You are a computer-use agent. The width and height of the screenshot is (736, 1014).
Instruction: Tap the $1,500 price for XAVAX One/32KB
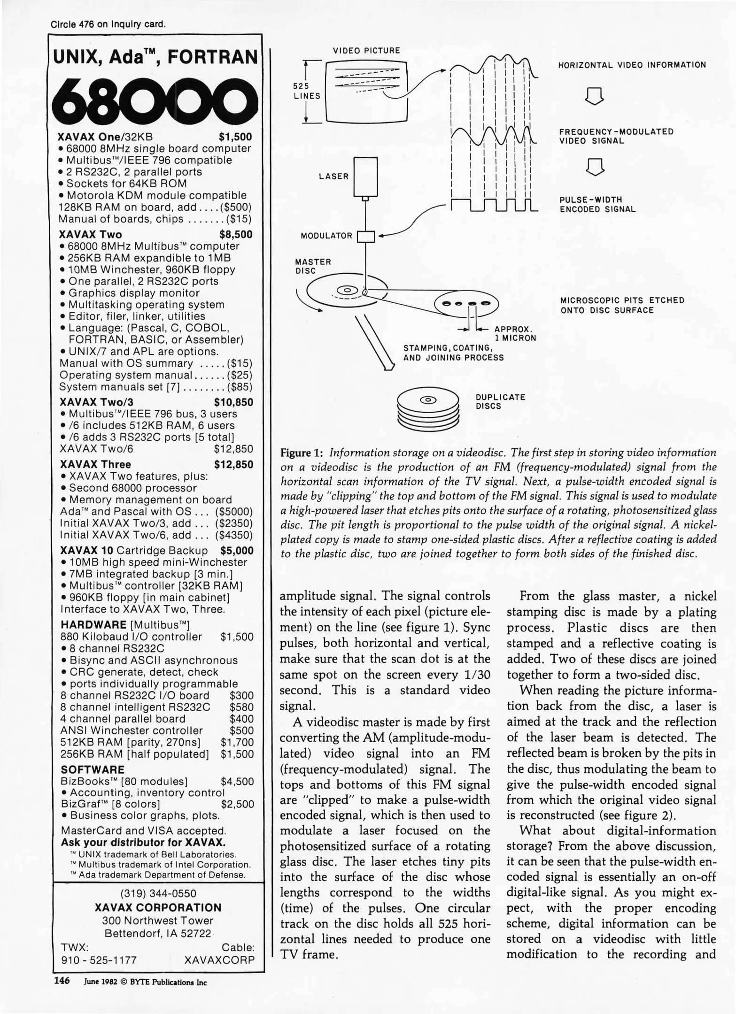tap(235, 137)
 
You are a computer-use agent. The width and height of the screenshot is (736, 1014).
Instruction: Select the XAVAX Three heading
tap(95, 465)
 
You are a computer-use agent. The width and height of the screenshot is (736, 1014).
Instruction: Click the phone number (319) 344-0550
tap(158, 893)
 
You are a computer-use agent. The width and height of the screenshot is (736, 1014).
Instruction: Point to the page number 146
tap(62, 981)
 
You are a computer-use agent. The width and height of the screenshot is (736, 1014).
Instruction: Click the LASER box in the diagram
tap(365, 176)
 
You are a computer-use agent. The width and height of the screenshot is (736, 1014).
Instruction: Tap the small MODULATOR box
tap(366, 236)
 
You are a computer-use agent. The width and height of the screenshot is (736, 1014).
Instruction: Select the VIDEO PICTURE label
tap(366, 51)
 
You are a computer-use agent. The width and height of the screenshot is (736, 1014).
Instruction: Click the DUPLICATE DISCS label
tap(500, 401)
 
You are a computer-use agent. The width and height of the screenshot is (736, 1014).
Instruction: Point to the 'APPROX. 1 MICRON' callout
tap(515, 333)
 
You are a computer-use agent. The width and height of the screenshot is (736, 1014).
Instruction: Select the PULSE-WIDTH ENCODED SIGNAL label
tap(597, 204)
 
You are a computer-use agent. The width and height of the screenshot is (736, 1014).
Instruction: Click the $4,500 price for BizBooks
tap(237, 782)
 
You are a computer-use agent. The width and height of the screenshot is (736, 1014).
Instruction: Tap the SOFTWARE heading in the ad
tap(93, 770)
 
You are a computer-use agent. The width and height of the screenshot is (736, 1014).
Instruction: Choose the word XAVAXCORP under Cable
tap(219, 960)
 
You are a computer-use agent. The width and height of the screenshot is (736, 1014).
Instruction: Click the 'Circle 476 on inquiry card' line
tap(108, 24)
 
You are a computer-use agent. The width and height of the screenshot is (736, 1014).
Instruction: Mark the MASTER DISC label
tap(313, 266)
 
